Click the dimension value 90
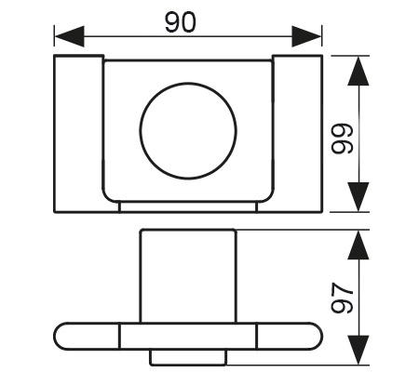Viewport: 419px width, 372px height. (181, 22)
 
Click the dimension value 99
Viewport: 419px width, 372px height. (342, 139)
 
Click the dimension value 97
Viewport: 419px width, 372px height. (342, 298)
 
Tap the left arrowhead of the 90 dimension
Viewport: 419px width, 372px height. (69, 36)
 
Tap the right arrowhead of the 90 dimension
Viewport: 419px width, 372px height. (306, 36)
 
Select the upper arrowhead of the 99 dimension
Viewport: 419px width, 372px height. (358, 71)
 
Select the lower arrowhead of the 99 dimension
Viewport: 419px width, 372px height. (358, 197)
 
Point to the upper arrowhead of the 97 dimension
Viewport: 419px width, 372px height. (358, 245)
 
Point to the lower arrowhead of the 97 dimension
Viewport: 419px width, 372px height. (358, 350)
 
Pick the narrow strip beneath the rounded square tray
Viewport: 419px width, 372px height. (188, 207)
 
